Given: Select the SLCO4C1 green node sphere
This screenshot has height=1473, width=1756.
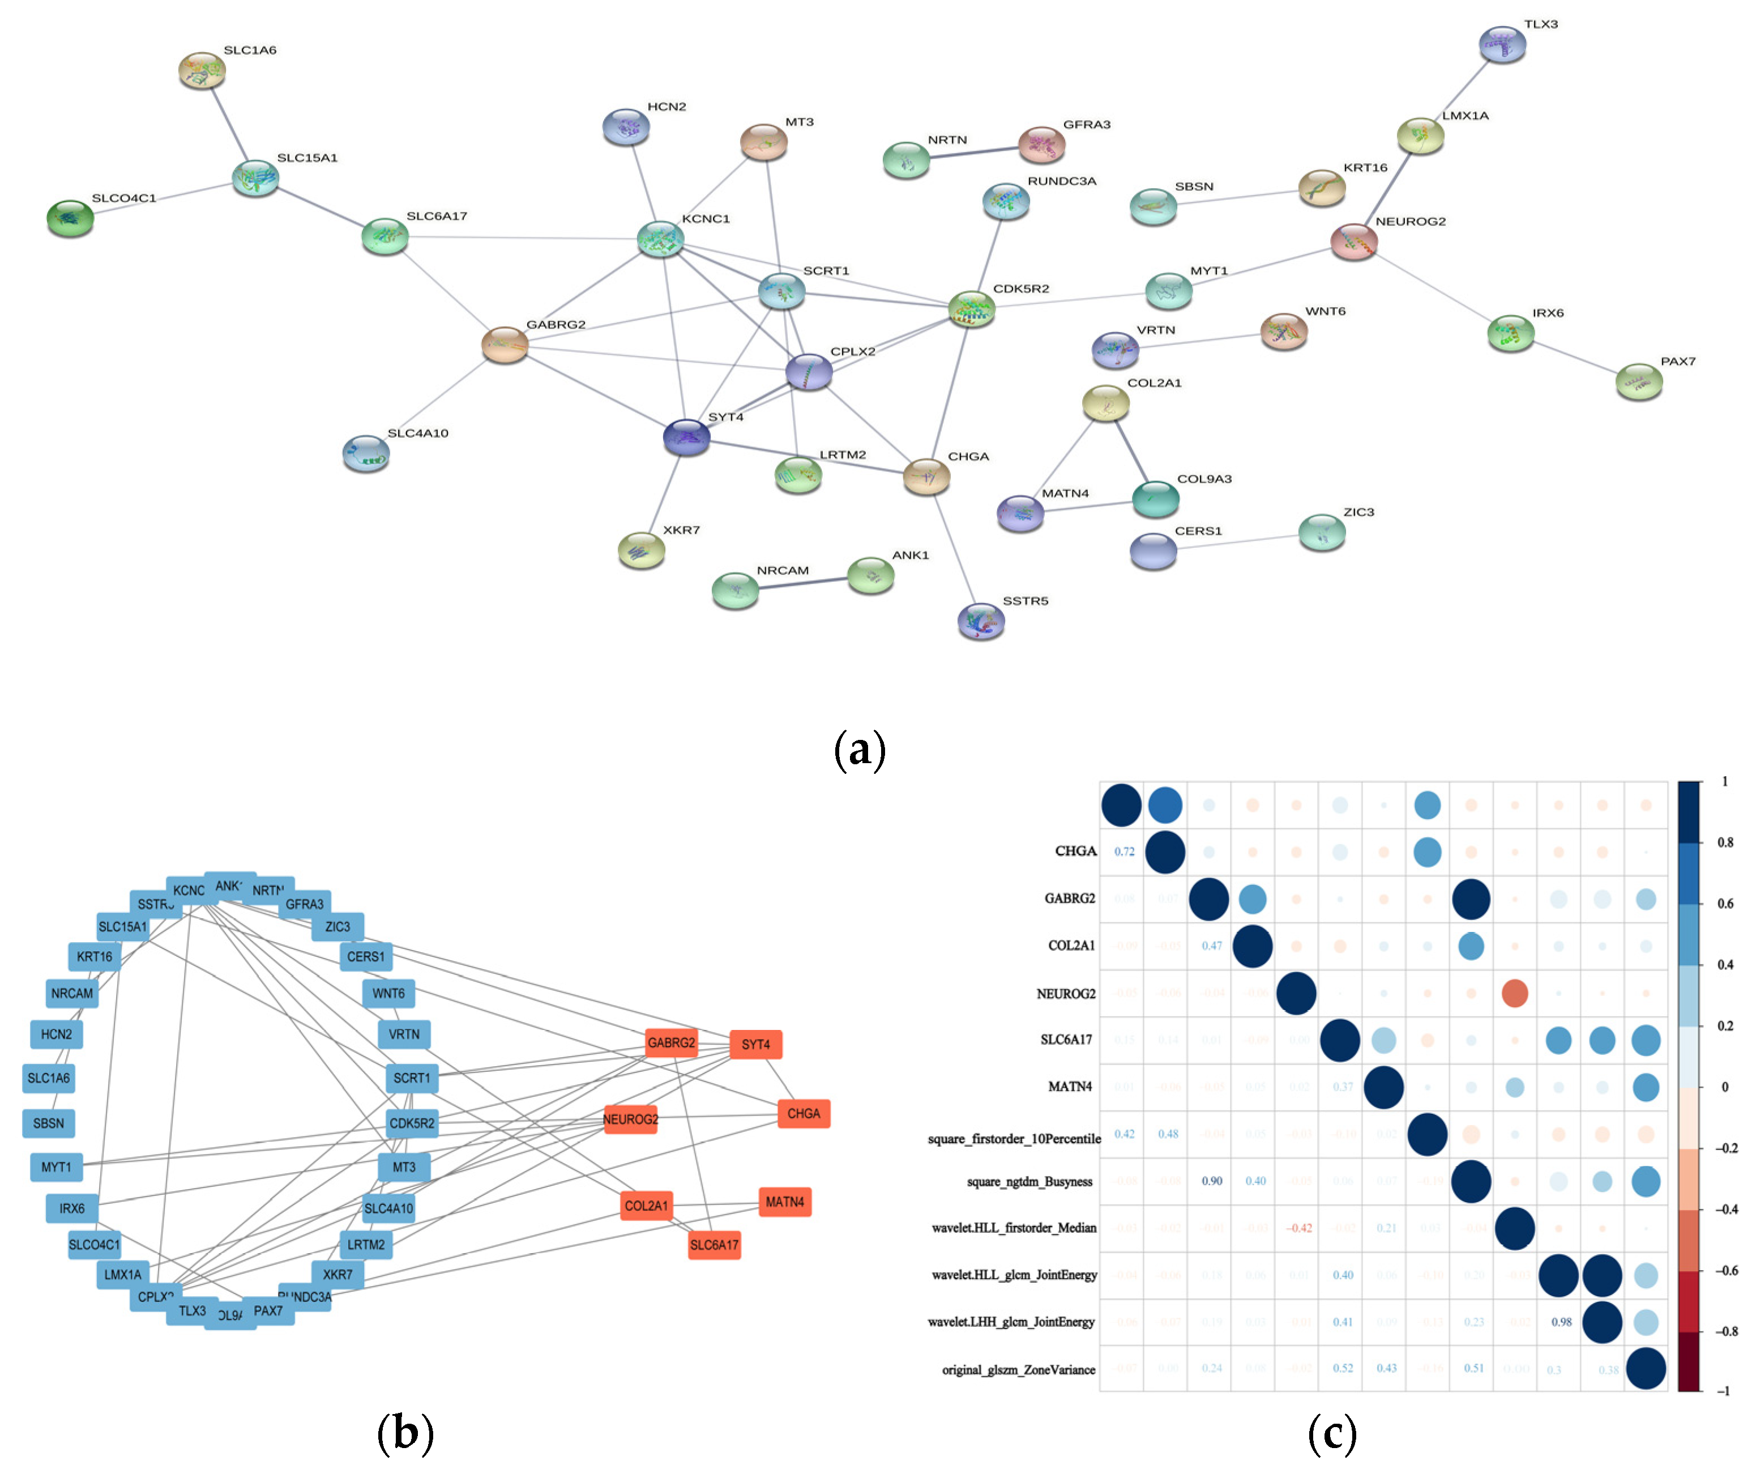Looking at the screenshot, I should click(x=70, y=218).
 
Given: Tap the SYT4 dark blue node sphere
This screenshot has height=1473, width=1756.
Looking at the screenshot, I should click(x=686, y=437).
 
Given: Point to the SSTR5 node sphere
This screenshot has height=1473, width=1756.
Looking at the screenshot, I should click(x=981, y=621).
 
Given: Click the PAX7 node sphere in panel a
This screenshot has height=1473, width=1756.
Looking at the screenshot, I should click(x=1638, y=381).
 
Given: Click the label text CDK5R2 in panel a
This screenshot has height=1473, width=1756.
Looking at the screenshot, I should click(x=1020, y=288).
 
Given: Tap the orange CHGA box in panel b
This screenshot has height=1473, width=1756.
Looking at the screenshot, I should click(x=803, y=1113).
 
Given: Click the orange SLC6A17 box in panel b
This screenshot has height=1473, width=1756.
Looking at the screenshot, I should click(x=714, y=1245).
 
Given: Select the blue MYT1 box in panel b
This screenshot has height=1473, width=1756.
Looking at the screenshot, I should click(x=56, y=1167).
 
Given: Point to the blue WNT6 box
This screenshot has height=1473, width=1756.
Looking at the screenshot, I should click(x=388, y=993).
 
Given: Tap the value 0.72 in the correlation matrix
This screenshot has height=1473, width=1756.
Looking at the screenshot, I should click(x=1124, y=852).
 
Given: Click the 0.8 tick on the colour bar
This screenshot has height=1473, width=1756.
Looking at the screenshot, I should click(x=1724, y=842).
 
